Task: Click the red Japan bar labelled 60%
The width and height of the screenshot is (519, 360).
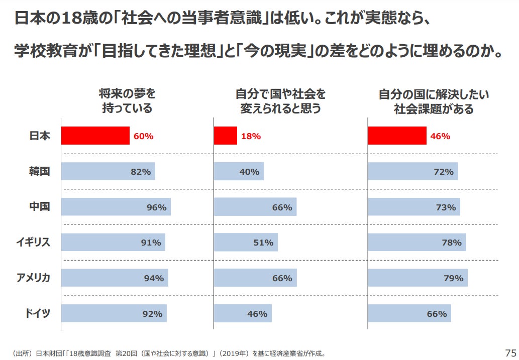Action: [95, 136]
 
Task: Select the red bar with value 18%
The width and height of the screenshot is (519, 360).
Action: [226, 136]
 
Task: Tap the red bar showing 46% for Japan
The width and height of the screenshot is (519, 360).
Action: [397, 136]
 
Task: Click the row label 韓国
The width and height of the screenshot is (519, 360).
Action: [39, 171]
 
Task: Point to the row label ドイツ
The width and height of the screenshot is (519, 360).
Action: [38, 313]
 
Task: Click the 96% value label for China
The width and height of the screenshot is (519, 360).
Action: [156, 207]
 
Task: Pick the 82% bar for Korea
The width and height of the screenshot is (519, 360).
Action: [108, 171]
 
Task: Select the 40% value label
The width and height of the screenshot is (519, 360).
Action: [249, 172]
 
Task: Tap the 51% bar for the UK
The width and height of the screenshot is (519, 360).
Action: [246, 243]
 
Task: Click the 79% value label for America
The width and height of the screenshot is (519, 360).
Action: [453, 278]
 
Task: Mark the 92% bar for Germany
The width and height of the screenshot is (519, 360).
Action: [114, 313]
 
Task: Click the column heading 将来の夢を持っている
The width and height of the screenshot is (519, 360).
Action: [127, 101]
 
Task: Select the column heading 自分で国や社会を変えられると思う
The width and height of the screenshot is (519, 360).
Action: [280, 101]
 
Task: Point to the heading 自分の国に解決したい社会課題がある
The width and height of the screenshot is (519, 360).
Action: [434, 101]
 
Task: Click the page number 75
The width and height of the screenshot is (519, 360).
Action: [510, 352]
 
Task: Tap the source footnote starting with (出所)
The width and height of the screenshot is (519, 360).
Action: [168, 353]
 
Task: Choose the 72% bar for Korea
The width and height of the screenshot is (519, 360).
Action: [412, 171]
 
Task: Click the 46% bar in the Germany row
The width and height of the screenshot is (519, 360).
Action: [243, 313]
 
